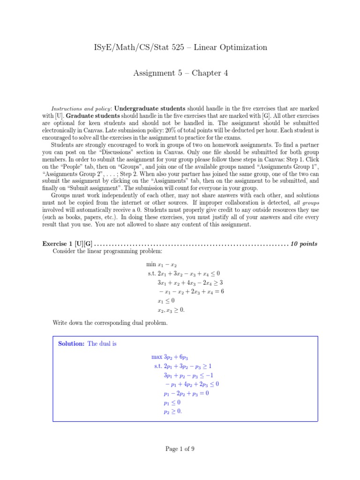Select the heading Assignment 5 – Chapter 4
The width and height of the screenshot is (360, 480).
(x=180, y=73)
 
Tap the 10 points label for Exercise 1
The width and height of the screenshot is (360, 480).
(x=304, y=244)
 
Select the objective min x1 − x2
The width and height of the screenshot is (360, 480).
(x=161, y=265)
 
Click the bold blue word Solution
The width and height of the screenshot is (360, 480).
(x=71, y=344)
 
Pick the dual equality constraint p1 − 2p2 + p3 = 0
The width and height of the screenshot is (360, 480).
(x=186, y=393)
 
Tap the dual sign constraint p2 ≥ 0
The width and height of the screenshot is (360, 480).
(x=172, y=411)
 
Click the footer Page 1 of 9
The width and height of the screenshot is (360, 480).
(x=180, y=449)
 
